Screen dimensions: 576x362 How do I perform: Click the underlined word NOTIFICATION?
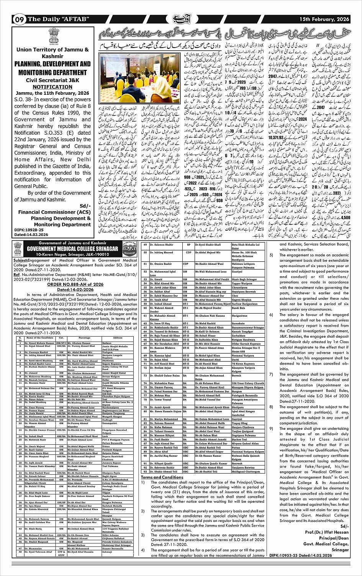pos(53,87)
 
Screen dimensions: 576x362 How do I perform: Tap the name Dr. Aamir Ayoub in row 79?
pos(154,406)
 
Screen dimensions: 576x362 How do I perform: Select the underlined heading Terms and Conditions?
pos(162,477)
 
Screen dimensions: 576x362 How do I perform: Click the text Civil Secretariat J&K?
pos(53,81)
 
